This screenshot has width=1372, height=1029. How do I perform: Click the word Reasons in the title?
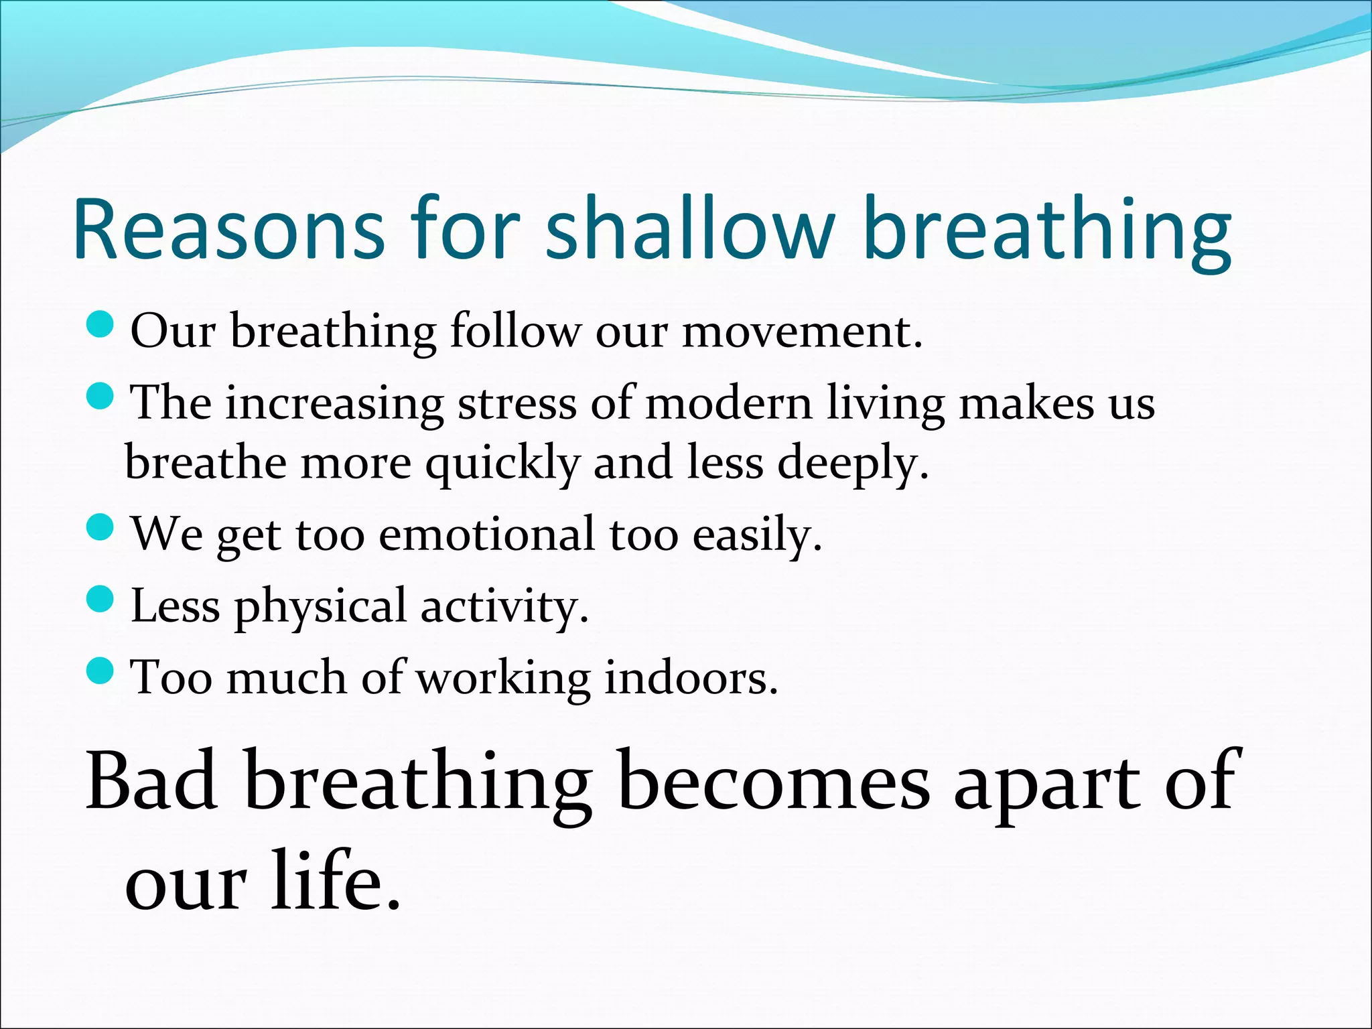(228, 229)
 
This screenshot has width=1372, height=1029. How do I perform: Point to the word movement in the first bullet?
(801, 332)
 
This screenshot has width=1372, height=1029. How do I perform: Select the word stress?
(517, 405)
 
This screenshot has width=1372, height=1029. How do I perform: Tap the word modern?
(728, 405)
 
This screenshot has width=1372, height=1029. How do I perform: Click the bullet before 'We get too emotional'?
(101, 527)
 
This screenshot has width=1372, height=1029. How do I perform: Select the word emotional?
(486, 536)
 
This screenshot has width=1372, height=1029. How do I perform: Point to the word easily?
(756, 536)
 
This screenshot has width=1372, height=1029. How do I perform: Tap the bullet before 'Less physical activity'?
(101, 598)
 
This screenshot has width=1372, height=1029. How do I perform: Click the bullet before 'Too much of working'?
(101, 671)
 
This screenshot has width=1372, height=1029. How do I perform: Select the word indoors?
(691, 679)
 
